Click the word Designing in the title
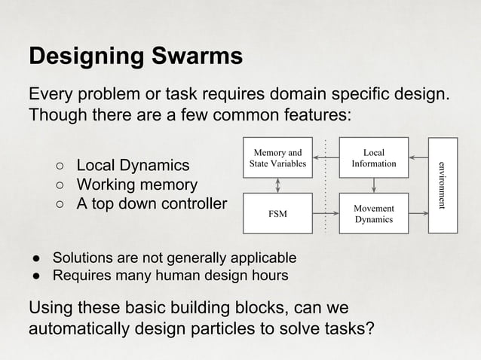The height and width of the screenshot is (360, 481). click(86, 57)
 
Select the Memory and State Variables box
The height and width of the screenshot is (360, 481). click(277, 157)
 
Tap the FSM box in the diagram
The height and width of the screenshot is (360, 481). click(277, 214)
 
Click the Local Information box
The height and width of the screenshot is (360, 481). click(373, 157)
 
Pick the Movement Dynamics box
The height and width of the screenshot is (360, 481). click(373, 214)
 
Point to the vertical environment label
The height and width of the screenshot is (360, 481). click(443, 185)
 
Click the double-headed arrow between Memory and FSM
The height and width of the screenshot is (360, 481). click(277, 186)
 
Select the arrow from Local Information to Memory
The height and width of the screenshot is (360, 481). click(325, 157)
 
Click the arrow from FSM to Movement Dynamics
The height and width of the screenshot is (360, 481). click(325, 214)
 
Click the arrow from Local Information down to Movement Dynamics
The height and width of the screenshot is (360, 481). click(373, 186)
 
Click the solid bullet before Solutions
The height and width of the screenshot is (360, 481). click(35, 257)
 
